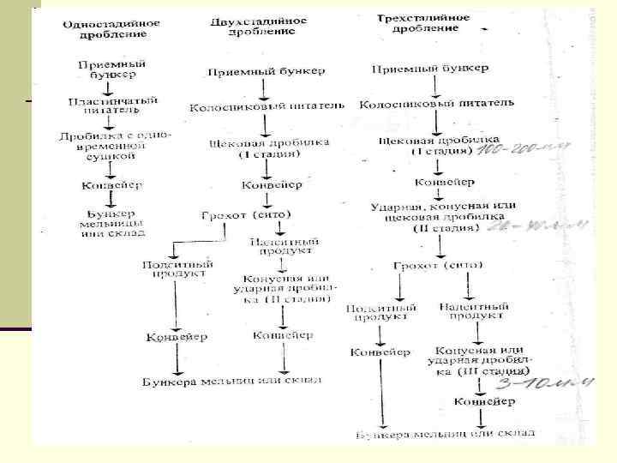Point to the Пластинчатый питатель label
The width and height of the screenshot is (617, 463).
(x=113, y=105)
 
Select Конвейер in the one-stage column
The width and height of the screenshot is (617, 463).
(x=112, y=184)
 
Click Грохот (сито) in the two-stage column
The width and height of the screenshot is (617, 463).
(x=246, y=214)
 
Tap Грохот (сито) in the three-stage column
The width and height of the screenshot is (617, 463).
(x=440, y=267)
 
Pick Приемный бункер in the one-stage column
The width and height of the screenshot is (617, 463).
(x=111, y=69)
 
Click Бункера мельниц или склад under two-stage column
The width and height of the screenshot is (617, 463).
(x=232, y=380)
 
